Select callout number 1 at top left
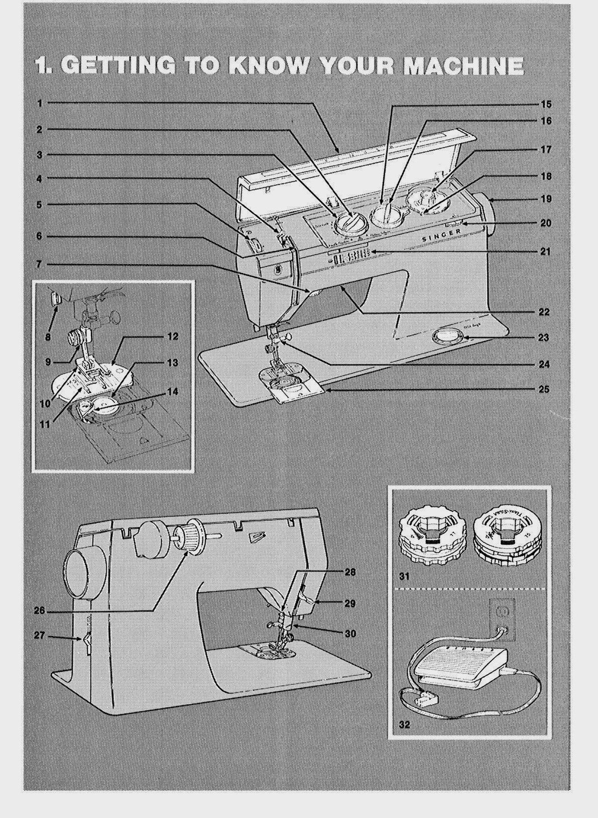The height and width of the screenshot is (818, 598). [40, 103]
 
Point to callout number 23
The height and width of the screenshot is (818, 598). [543, 338]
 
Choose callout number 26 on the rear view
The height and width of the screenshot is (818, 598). [39, 610]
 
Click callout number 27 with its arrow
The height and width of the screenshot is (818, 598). [39, 636]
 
